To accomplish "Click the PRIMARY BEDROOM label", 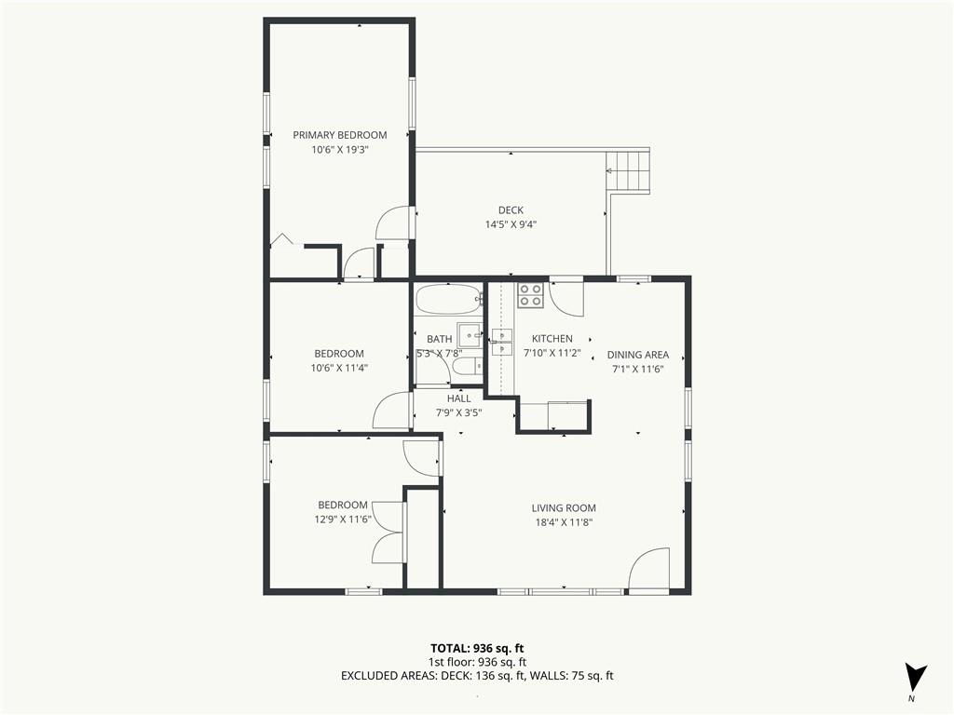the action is (x=339, y=135).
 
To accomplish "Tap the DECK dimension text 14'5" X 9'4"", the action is (x=511, y=224).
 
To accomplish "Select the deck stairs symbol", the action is (x=628, y=171).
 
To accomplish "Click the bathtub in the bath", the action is (x=449, y=299).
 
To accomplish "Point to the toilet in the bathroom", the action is (x=468, y=367).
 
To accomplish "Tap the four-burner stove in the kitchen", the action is (x=530, y=295).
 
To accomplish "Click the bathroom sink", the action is (x=470, y=334).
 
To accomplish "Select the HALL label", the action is (x=458, y=398).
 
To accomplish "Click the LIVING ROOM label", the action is (x=564, y=508).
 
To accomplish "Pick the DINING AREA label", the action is (x=637, y=355).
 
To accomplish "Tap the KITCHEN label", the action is (x=552, y=339).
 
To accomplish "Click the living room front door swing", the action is (x=648, y=570).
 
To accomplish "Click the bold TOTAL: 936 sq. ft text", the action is (x=477, y=648).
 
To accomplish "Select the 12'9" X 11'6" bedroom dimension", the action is (x=343, y=519).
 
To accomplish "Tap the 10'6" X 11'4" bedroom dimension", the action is (x=339, y=368).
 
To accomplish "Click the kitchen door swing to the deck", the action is (x=566, y=299).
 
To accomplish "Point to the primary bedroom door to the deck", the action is (x=395, y=223).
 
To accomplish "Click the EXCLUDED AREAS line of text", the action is (x=477, y=676).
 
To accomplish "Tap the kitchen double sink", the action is (x=502, y=343).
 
